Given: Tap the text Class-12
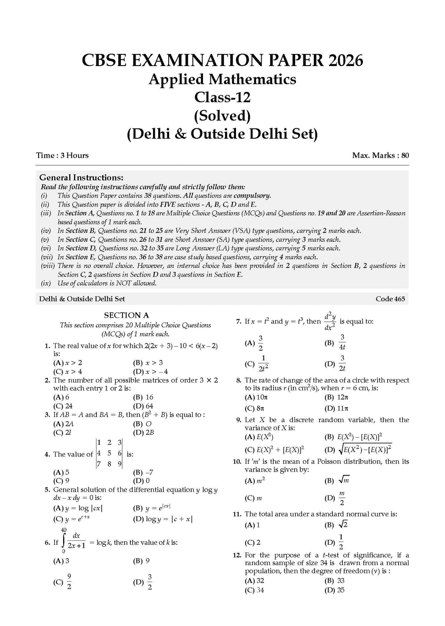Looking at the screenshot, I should pyautogui.click(x=222, y=97).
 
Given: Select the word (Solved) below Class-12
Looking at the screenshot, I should pyautogui.click(x=222, y=116).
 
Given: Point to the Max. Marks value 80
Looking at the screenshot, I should pyautogui.click(x=405, y=155).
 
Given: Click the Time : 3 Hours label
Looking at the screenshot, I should pyautogui.click(x=63, y=155).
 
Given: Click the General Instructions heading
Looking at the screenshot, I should pyautogui.click(x=81, y=177).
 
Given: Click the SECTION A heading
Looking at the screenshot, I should pyautogui.click(x=126, y=315).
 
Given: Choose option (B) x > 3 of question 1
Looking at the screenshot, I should pyautogui.click(x=148, y=363).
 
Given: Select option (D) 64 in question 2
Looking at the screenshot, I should pyautogui.click(x=143, y=406).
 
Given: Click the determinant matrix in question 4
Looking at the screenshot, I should pyautogui.click(x=109, y=453).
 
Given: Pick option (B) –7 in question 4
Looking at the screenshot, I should pyautogui.click(x=143, y=472).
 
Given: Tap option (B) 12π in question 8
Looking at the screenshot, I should pyautogui.click(x=336, y=397).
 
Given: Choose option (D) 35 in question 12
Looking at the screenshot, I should pyautogui.click(x=334, y=590).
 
